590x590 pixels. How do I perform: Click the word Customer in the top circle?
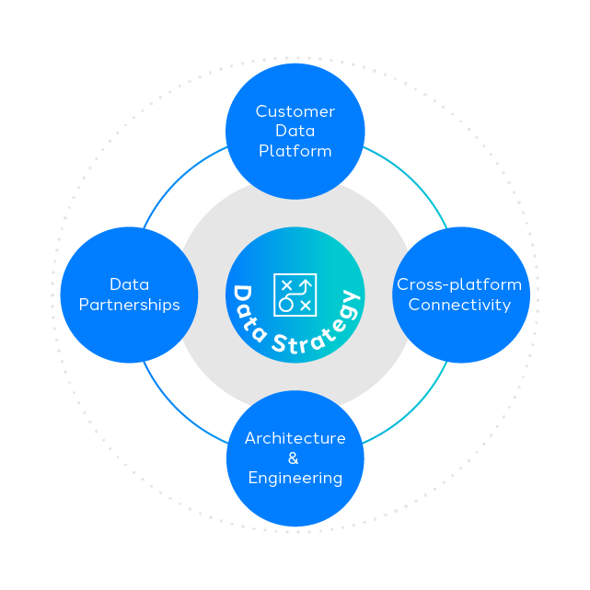[x=295, y=111]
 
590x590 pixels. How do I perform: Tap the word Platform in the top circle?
[x=295, y=151]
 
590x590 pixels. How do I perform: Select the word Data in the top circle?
[x=295, y=131]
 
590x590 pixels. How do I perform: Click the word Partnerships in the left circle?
[x=129, y=305]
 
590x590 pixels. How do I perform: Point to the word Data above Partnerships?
[x=129, y=284]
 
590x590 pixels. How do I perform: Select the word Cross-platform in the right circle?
[x=459, y=284]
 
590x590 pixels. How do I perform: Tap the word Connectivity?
[x=459, y=305]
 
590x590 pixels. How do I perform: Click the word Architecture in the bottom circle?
[x=295, y=438]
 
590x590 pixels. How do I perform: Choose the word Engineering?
[x=295, y=478]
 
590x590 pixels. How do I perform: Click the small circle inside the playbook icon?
[x=285, y=305]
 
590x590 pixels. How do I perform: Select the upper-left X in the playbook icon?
[x=285, y=283]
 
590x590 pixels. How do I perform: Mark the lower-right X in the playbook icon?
[x=306, y=305]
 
